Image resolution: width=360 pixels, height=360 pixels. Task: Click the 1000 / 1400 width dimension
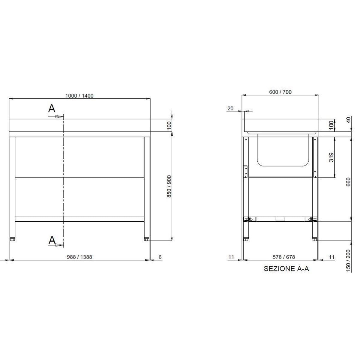[x=79, y=96]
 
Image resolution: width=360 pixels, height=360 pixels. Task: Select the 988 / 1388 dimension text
[x=79, y=257]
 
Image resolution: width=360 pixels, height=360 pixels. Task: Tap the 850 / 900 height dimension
[x=169, y=186]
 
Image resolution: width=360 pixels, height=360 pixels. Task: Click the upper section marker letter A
[x=52, y=109]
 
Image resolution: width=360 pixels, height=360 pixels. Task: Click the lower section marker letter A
[x=52, y=240]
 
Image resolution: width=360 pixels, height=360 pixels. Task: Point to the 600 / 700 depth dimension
[x=280, y=92]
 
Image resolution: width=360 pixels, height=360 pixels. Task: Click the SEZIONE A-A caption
[x=286, y=269]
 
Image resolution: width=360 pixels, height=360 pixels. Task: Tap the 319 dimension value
[x=331, y=157]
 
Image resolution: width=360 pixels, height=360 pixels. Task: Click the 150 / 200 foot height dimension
[x=348, y=261]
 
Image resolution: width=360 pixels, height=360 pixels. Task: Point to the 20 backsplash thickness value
[x=230, y=109]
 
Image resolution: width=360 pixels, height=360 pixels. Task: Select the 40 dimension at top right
[x=348, y=120]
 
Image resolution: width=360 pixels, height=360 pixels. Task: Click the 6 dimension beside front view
[x=160, y=257]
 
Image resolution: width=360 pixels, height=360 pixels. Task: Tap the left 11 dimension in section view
[x=231, y=257]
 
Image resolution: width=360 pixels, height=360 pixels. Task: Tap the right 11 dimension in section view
[x=331, y=257]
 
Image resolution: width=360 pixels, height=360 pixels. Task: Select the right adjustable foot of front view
[x=147, y=239]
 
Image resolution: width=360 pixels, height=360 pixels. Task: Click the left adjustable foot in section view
[x=246, y=239]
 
